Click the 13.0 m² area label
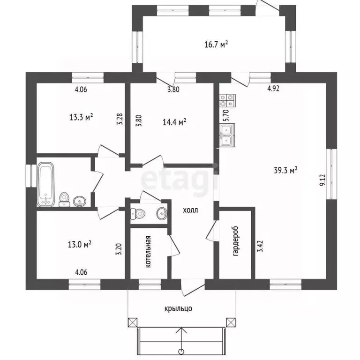pyautogui.click(x=80, y=244)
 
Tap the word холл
pyautogui.click(x=190, y=210)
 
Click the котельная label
pyautogui.click(x=148, y=252)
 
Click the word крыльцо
pyautogui.click(x=178, y=308)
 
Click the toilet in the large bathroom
pyautogui.click(x=64, y=199)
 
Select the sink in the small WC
pyautogui.click(x=162, y=214)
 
